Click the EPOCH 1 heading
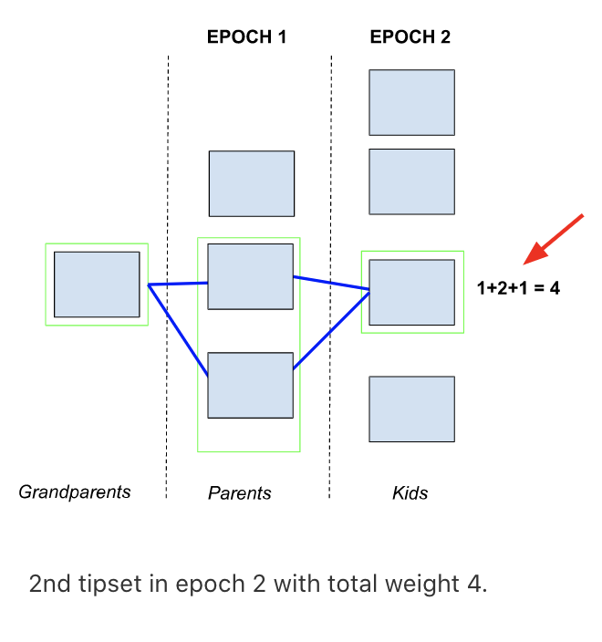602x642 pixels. [246, 37]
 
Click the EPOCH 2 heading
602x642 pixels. [410, 37]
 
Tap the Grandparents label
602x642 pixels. [75, 492]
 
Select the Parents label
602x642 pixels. [240, 493]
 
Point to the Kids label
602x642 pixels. [410, 493]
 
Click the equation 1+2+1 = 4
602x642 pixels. [518, 288]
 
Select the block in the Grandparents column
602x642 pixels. [97, 285]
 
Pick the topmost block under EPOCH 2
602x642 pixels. [411, 102]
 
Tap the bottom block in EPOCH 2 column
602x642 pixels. [411, 409]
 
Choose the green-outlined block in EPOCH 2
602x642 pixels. [411, 292]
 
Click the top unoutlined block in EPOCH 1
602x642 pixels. [252, 183]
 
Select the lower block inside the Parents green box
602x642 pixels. [250, 385]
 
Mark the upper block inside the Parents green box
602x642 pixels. [250, 276]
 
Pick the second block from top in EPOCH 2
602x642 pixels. [411, 181]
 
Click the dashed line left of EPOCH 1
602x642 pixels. [168, 274]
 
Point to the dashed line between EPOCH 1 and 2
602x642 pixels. [330, 274]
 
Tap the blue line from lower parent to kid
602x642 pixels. [331, 329]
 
